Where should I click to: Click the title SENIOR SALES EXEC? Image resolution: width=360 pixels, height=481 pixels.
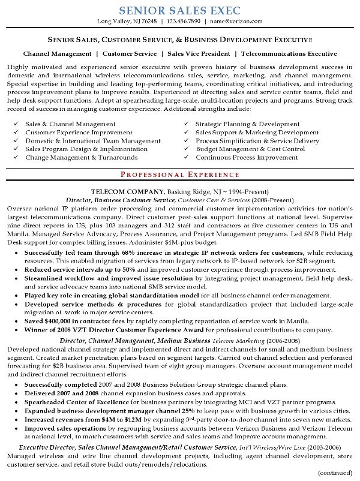click(179, 10)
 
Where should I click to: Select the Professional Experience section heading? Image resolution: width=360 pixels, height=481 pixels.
click(179, 174)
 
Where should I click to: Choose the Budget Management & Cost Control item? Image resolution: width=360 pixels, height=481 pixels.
click(250, 149)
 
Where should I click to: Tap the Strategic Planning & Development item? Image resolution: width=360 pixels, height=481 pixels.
click(248, 124)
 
